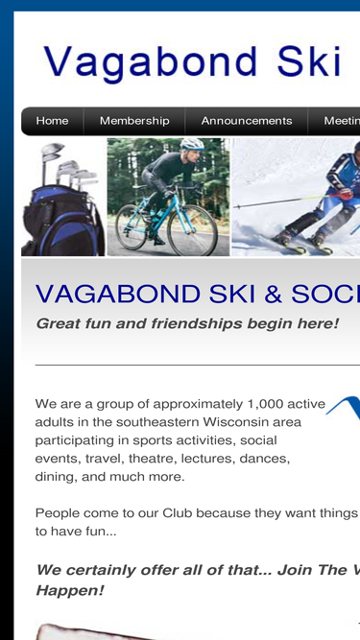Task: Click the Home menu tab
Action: tap(52, 121)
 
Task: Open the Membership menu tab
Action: tap(134, 121)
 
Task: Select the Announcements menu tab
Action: tap(247, 121)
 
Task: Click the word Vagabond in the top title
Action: tap(151, 63)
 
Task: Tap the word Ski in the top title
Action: tap(309, 61)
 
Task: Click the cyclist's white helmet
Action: tap(192, 144)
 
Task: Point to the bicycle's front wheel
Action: tap(192, 229)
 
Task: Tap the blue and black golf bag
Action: tap(62, 221)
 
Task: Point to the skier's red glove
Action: tap(347, 194)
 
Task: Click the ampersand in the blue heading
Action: tap(273, 294)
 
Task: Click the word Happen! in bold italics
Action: tap(70, 590)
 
